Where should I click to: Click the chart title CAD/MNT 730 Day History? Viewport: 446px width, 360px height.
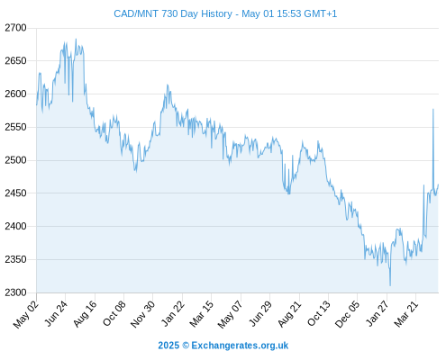(173, 13)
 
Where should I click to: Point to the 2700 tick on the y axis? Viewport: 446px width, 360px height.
(15, 28)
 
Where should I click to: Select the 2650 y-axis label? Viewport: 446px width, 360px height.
(15, 61)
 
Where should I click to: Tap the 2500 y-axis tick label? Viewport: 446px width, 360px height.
(15, 160)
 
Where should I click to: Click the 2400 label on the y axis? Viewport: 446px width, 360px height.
(15, 226)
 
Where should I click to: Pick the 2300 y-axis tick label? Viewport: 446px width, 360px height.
(15, 292)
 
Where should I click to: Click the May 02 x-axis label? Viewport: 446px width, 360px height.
(26, 314)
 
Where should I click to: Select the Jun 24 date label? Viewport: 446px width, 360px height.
(56, 313)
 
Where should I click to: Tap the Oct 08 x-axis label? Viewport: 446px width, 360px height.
(114, 313)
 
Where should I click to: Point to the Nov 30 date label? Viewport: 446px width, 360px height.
(143, 314)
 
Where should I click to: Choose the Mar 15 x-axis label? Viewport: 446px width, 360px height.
(202, 313)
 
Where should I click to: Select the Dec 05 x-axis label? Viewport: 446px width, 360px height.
(348, 314)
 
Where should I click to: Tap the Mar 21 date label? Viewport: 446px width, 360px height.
(406, 313)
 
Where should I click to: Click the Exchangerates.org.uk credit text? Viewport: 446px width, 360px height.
(240, 346)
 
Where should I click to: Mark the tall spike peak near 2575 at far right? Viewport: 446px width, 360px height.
(433, 109)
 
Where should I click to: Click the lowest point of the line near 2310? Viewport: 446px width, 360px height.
(390, 285)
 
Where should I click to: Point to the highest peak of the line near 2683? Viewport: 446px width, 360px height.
(76, 39)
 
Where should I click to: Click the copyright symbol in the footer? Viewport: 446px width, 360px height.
(186, 346)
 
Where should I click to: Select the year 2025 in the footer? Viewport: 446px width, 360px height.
(168, 346)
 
